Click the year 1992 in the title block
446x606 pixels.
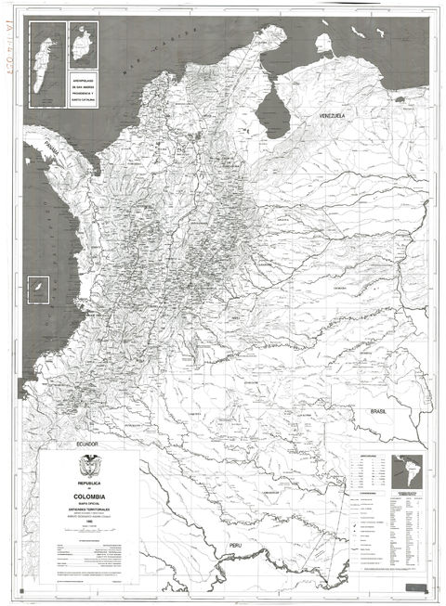click(90, 521)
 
